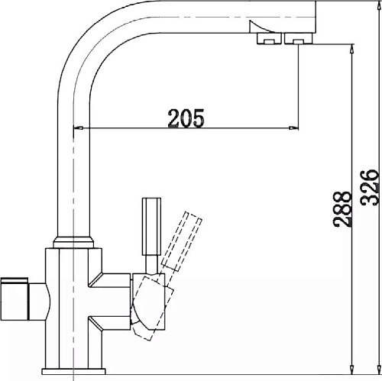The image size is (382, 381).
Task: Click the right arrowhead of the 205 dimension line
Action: click(293, 128)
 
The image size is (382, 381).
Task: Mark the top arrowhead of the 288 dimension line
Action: click(351, 48)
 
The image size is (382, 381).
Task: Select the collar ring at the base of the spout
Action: click(74, 242)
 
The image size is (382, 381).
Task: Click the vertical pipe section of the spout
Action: click(73, 168)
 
